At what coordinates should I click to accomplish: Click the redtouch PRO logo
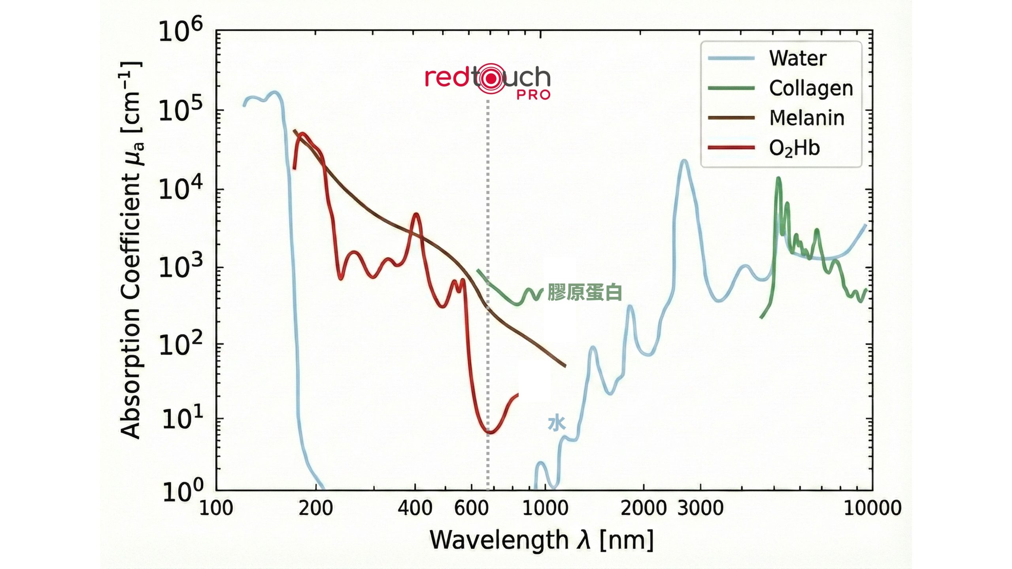488,81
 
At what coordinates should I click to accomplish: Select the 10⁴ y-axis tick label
180,189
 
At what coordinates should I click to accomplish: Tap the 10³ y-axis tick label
180,267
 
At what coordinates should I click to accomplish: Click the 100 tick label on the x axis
216,508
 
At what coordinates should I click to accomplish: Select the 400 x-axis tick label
415,508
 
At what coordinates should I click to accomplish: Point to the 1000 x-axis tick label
545,508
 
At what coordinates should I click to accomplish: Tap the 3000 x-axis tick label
700,508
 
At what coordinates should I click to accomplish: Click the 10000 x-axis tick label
872,508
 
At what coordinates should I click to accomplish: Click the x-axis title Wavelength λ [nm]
541,540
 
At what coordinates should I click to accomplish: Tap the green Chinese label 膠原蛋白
585,292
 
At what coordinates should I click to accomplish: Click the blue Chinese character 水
557,424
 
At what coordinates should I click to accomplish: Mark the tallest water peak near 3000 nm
684,161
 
